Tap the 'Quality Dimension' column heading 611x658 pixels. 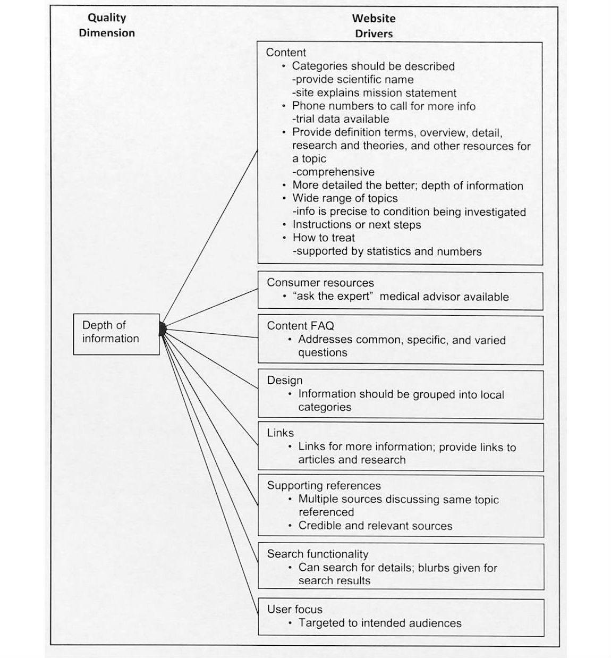(107, 25)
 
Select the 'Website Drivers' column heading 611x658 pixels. (374, 26)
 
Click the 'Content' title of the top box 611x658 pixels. (286, 52)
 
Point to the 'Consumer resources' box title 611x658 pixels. (320, 283)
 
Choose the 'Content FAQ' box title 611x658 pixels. (300, 326)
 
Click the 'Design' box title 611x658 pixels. (284, 381)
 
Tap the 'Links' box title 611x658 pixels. (280, 433)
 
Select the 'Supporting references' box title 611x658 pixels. (324, 486)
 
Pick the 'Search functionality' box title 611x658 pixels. (317, 554)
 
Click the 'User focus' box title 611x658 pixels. (294, 610)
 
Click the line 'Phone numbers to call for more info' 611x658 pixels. (384, 106)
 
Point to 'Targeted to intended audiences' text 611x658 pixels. (379, 623)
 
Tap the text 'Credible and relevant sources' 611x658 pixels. (375, 526)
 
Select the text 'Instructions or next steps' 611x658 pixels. (357, 224)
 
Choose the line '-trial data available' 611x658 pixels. (341, 119)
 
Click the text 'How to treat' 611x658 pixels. (323, 238)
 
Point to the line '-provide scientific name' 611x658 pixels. (353, 80)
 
